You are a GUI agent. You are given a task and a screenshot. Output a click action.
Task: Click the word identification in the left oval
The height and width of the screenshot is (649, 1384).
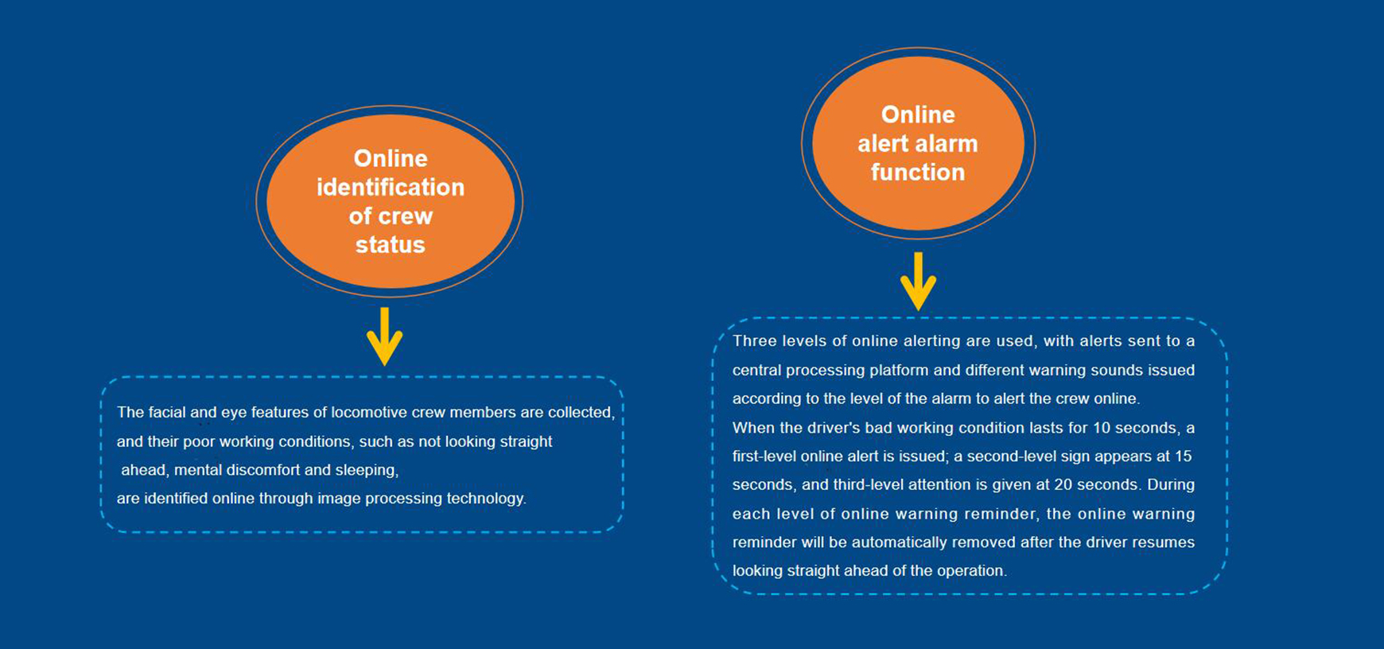391,187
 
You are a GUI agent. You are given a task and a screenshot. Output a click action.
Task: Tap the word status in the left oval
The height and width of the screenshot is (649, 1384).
391,244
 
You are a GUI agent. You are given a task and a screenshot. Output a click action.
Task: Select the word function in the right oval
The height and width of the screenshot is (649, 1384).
918,172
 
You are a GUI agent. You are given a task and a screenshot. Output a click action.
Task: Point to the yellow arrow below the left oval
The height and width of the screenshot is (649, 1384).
384,337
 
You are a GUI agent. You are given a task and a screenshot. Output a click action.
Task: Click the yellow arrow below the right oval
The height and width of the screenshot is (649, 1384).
918,282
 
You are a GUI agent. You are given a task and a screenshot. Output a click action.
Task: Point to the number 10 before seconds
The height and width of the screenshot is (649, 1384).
1102,428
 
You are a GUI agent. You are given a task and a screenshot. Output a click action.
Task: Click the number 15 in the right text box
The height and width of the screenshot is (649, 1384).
1183,457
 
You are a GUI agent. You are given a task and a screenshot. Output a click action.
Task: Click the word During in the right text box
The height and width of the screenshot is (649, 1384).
1171,484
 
